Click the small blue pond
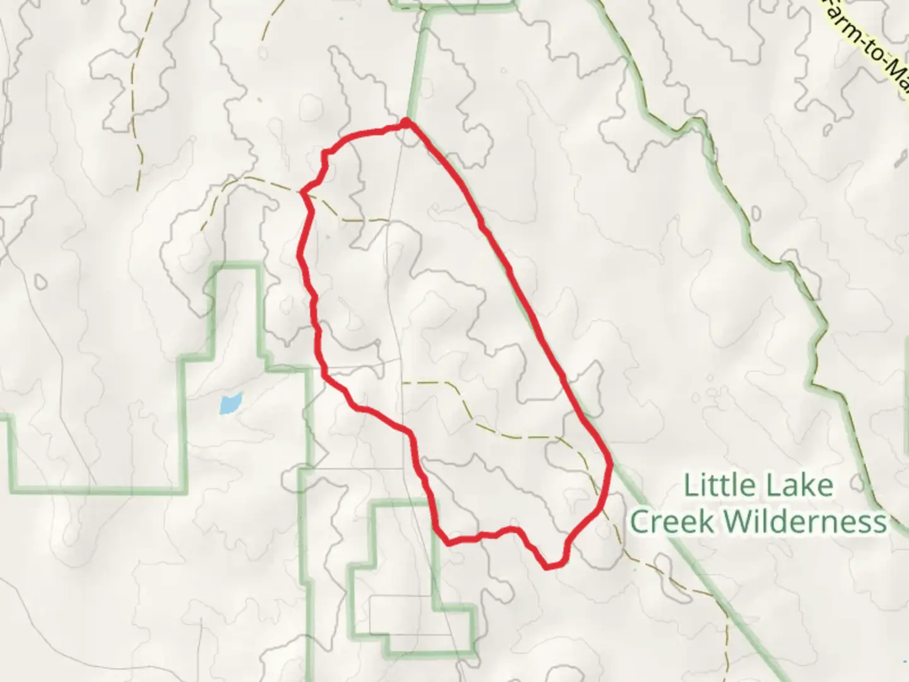230,404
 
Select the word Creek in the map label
672,522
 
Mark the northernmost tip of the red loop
407,119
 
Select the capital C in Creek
641,522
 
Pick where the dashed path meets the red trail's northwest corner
304,191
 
